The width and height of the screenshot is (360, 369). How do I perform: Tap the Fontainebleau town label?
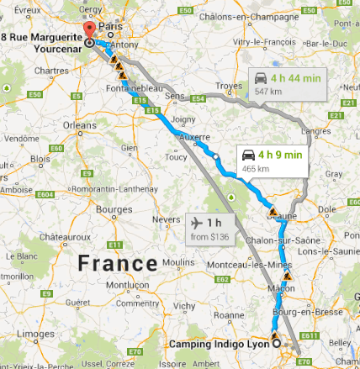click(133, 87)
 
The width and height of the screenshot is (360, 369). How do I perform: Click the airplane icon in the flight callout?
click(198, 223)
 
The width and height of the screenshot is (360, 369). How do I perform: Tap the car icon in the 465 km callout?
click(248, 155)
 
